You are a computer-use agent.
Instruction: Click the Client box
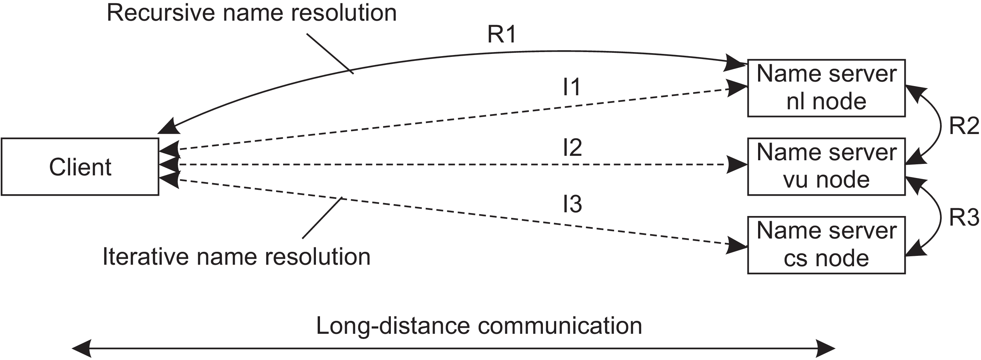80,167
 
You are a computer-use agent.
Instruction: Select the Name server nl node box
826,88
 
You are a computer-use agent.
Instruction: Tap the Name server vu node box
826,167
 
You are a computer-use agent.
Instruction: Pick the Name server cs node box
826,245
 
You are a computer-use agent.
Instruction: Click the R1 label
502,34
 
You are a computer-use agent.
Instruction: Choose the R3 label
964,217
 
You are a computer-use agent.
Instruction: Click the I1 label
572,87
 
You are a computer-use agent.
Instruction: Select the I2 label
572,147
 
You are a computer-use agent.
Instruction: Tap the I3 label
572,204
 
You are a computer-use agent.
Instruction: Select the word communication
560,326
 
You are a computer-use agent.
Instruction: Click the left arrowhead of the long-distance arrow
81,349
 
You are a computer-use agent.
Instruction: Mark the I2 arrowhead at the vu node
737,165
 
